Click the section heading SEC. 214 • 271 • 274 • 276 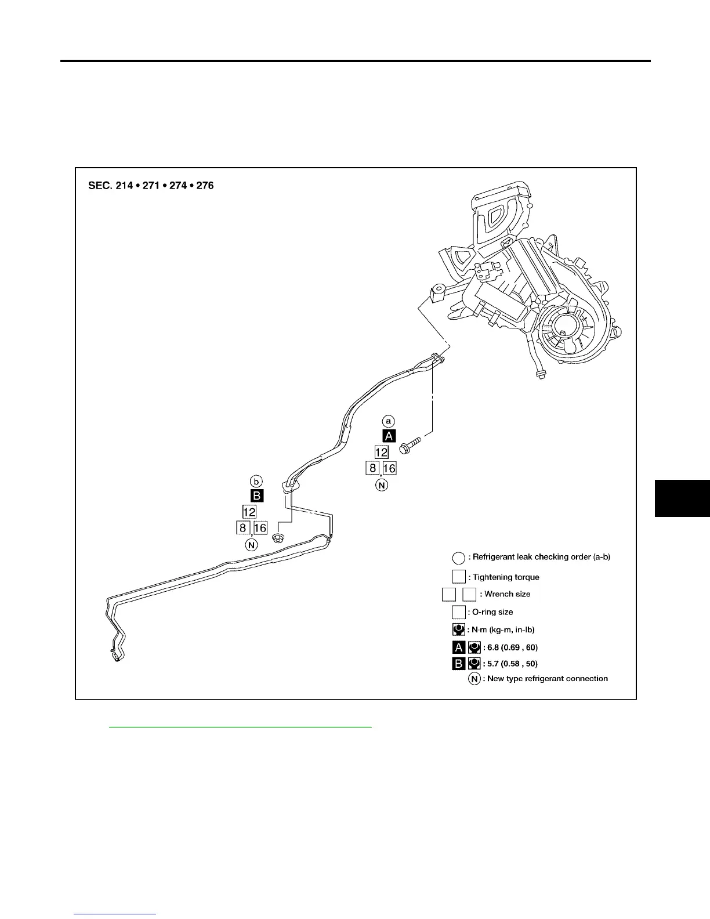point(151,186)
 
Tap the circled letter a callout point(389,421)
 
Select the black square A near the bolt point(389,437)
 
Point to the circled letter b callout point(256,481)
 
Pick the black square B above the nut point(256,496)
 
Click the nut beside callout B point(278,538)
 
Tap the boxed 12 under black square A point(381,453)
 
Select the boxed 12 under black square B point(249,512)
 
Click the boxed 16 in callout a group point(389,468)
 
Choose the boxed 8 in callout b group point(242,527)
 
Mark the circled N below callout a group point(381,484)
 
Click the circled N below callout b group point(251,545)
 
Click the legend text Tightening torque point(506,577)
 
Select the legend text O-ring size point(492,612)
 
